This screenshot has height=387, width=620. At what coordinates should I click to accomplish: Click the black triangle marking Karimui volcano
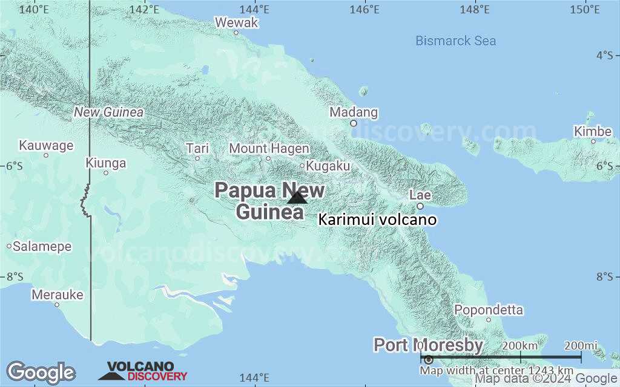pyautogui.click(x=297, y=197)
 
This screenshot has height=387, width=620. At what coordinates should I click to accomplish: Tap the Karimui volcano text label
pyautogui.click(x=377, y=220)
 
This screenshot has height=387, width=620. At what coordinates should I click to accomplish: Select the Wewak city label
pyautogui.click(x=237, y=23)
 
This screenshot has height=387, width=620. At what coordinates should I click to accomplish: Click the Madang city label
pyautogui.click(x=354, y=112)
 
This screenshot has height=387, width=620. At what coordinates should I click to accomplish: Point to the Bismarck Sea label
pyautogui.click(x=455, y=41)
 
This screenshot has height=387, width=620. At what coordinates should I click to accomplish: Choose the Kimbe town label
pyautogui.click(x=593, y=132)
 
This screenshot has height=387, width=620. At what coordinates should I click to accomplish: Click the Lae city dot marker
pyautogui.click(x=420, y=206)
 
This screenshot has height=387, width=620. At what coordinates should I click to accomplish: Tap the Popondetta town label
pyautogui.click(x=488, y=310)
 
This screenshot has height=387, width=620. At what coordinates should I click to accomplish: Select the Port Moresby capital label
pyautogui.click(x=428, y=345)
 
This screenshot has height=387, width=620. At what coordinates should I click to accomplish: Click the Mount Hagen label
pyautogui.click(x=269, y=149)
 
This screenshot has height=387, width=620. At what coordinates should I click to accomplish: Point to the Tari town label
pyautogui.click(x=197, y=149)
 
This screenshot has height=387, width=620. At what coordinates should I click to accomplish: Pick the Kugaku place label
pyautogui.click(x=328, y=166)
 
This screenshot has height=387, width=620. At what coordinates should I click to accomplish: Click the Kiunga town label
pyautogui.click(x=106, y=163)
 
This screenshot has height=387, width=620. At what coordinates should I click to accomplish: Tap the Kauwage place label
pyautogui.click(x=46, y=146)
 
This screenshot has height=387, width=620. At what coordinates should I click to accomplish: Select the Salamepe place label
pyautogui.click(x=42, y=247)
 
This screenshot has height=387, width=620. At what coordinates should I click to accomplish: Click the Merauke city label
pyautogui.click(x=57, y=295)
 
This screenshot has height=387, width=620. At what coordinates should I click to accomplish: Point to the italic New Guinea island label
pyautogui.click(x=109, y=112)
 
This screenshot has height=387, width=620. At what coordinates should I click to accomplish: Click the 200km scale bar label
pyautogui.click(x=520, y=345)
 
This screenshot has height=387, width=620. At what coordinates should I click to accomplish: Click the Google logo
pyautogui.click(x=41, y=372)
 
